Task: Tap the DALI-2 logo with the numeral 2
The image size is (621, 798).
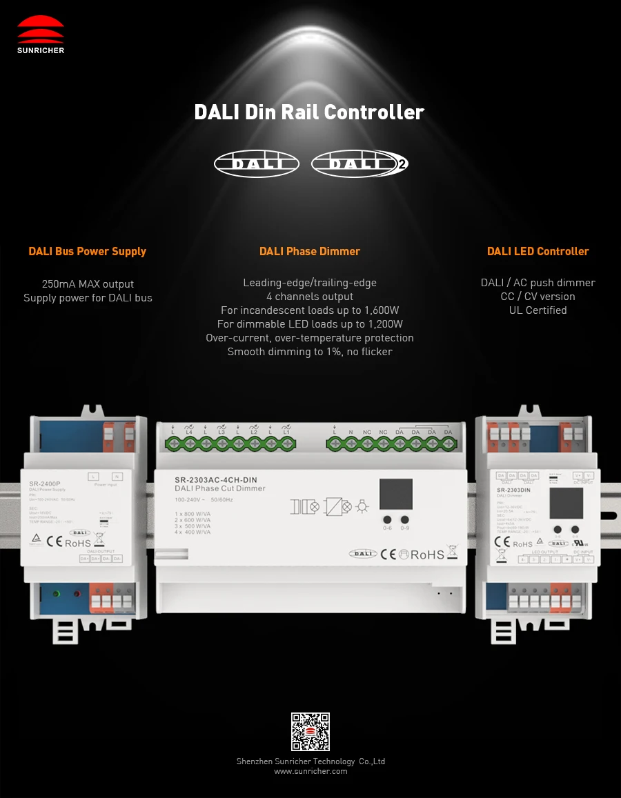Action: click(x=359, y=163)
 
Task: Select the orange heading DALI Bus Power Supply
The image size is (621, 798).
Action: click(x=88, y=251)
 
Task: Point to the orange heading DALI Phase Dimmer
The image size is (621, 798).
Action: click(x=310, y=251)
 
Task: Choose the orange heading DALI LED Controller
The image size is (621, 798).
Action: click(x=538, y=251)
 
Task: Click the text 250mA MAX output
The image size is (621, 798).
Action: click(x=88, y=284)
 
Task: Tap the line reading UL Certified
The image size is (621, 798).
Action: click(x=538, y=310)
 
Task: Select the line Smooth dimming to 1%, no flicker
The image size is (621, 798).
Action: click(x=310, y=352)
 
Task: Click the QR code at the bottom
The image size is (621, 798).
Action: click(x=310, y=732)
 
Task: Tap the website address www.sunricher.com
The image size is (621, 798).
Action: click(x=310, y=771)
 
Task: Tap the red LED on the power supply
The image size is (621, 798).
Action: click(x=77, y=594)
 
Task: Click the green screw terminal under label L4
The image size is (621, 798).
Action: click(x=189, y=443)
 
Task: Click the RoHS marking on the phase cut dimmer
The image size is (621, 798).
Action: click(x=427, y=554)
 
